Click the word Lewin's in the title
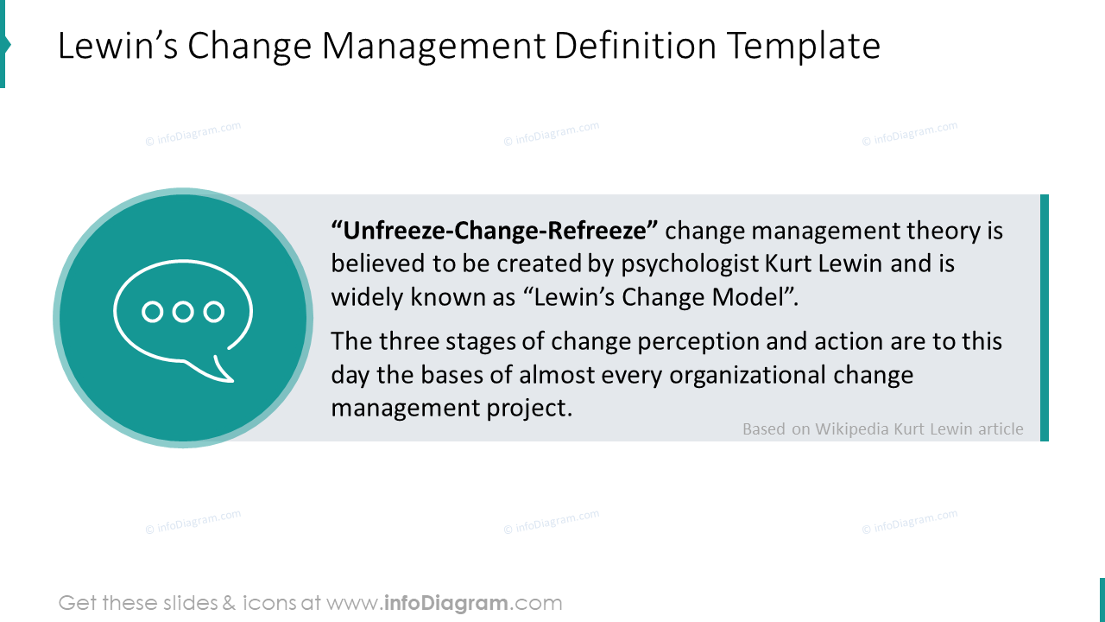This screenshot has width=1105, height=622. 117,46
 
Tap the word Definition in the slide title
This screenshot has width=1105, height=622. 635,46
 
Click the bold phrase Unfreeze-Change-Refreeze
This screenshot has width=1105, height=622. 495,231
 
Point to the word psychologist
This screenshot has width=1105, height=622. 690,264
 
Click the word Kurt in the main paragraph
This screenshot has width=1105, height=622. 788,263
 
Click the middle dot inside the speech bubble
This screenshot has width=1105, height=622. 183,312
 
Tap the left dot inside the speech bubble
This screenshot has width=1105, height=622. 153,312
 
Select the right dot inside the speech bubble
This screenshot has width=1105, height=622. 214,312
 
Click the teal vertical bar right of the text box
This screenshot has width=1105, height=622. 1045,317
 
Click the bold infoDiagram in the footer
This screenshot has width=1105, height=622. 446,603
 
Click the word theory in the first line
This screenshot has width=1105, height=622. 944,232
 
